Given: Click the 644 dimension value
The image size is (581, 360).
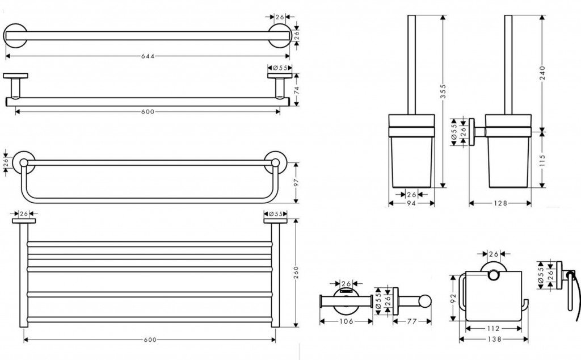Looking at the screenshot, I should coord(147,56).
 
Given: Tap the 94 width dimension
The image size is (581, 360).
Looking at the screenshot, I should coord(411,203).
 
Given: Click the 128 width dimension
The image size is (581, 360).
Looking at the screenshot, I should coord(500,203).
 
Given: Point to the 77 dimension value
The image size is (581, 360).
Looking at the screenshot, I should coord(412,321).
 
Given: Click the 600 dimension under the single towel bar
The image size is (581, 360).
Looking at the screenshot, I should coord(148,111).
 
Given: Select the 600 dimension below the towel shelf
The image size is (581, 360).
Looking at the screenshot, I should coord(150,340).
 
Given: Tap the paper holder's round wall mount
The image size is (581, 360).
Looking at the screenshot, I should coord(492,273).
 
